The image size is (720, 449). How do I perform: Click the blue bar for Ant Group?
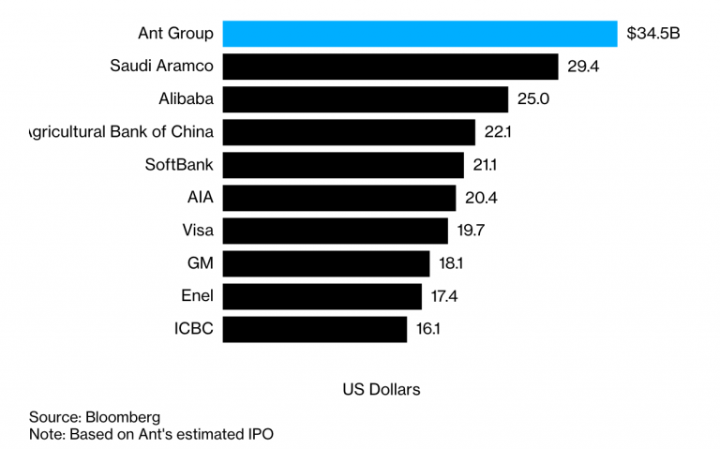[420, 34]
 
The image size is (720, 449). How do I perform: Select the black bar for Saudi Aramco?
[391, 67]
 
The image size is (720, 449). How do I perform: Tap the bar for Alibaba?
[366, 99]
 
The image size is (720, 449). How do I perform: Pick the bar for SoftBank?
[344, 165]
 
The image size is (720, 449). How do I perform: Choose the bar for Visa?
[336, 231]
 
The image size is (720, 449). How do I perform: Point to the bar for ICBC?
[315, 329]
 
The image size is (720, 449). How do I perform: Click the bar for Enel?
[322, 296]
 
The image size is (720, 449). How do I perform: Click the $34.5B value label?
[653, 35]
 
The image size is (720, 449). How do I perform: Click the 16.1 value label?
[427, 329]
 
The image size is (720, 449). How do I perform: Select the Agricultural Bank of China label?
[123, 132]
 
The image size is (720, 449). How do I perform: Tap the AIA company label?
[201, 198]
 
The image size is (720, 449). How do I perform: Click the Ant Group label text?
[175, 35]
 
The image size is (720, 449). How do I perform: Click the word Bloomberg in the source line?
[123, 416]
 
